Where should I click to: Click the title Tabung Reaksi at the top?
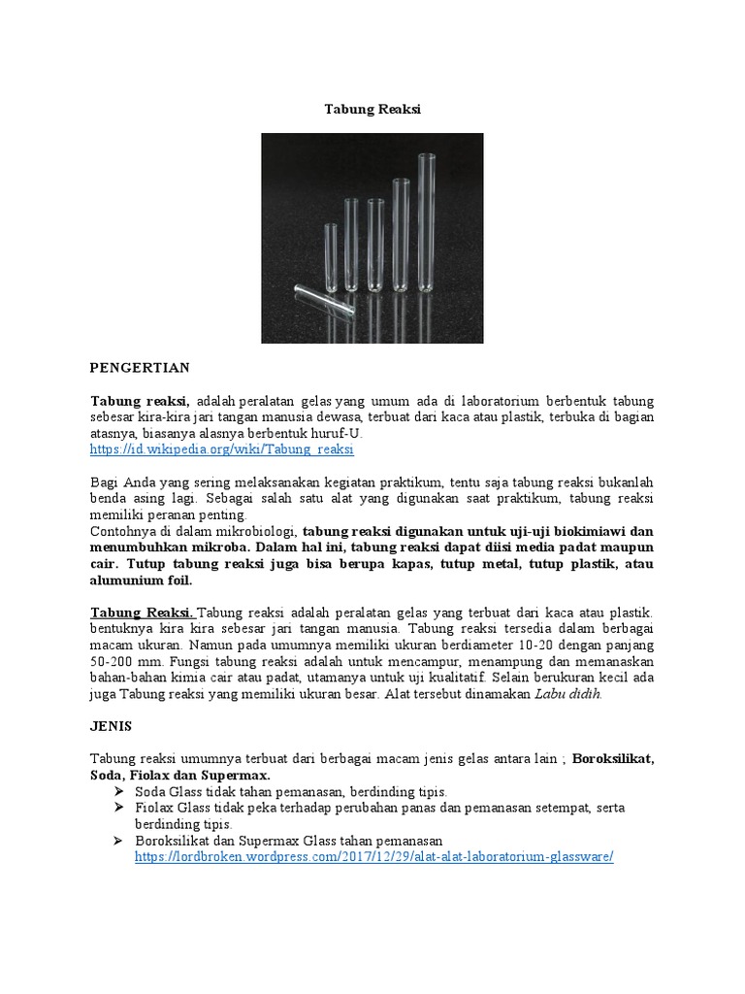coord(372,111)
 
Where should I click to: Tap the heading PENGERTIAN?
coord(140,368)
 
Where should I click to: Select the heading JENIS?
coord(111,726)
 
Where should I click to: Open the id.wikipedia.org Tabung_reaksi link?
coord(222,450)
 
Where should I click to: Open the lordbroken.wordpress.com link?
coord(373,858)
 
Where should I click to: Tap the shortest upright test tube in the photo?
coord(328,255)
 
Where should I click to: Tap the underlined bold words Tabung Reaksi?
coord(143,613)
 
